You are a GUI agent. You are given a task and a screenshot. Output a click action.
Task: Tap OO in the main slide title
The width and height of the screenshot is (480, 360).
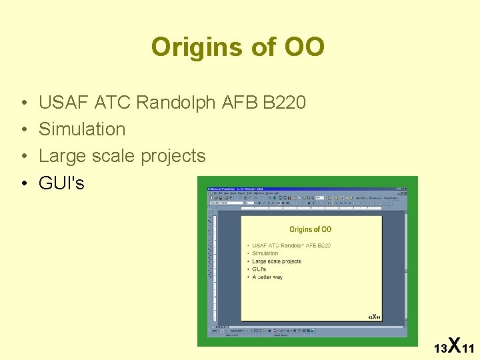[x=304, y=47]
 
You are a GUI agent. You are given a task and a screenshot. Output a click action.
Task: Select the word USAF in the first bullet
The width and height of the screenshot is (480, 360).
[x=64, y=103]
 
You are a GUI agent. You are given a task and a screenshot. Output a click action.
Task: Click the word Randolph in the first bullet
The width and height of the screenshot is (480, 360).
[x=175, y=103]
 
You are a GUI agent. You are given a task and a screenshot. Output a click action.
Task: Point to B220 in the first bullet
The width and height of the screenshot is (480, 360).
[x=284, y=103]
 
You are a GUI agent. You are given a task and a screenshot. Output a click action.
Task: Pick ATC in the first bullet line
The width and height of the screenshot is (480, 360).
[x=113, y=103]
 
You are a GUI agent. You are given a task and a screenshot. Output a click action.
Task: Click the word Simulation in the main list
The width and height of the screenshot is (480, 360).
[x=82, y=129]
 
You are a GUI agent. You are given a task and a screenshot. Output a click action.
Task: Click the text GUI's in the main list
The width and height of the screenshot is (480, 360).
[x=61, y=183]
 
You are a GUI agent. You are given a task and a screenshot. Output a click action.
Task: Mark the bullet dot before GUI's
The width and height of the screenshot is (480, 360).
[x=23, y=183]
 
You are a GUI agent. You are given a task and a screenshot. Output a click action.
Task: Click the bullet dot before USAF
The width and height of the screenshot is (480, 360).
[x=23, y=103]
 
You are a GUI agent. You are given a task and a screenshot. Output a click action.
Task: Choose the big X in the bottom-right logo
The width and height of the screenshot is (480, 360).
[x=453, y=345]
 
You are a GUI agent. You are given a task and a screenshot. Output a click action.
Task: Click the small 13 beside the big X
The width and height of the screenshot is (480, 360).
[x=439, y=349]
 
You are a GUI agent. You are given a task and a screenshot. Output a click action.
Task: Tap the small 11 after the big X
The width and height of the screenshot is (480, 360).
[x=467, y=349]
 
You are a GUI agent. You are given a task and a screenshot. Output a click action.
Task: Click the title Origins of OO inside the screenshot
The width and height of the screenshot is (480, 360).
[x=310, y=229]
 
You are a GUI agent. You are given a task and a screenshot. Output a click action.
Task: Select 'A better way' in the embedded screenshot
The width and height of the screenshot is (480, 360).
[x=267, y=277]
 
